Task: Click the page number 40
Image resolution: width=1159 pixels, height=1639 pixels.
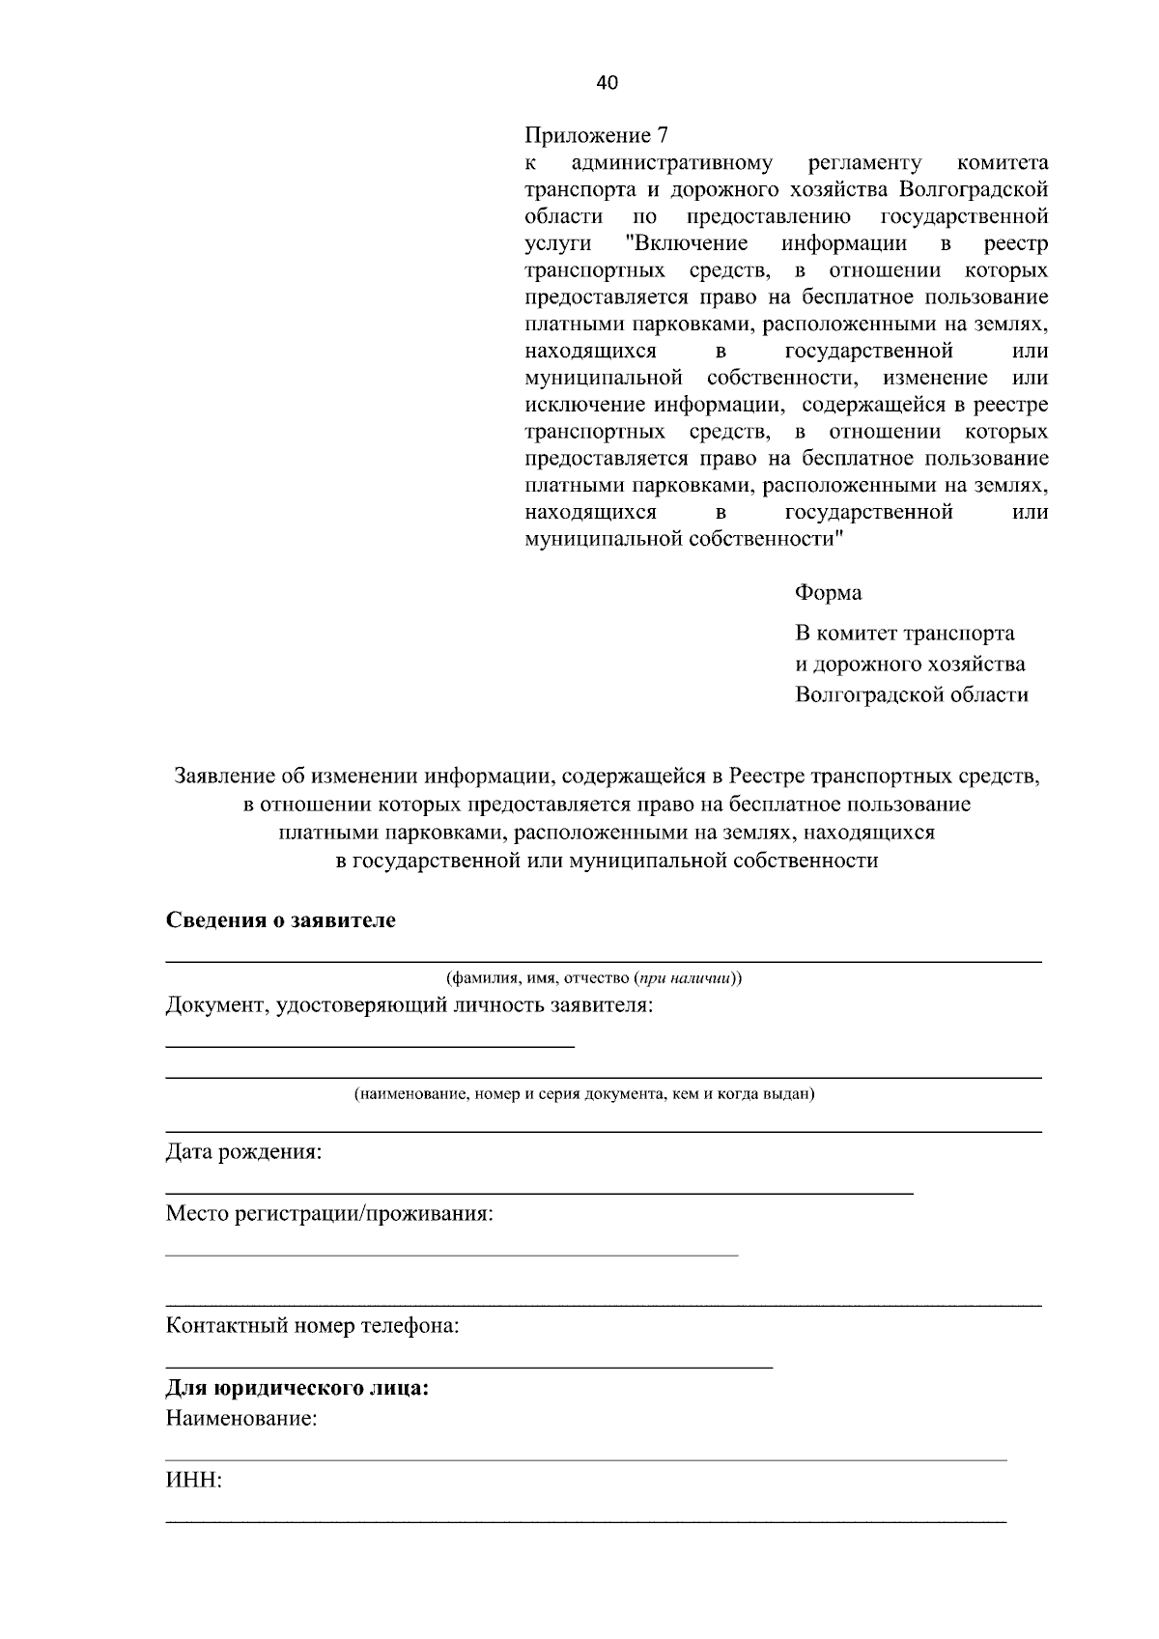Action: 607,83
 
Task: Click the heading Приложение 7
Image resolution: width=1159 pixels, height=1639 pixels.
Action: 596,135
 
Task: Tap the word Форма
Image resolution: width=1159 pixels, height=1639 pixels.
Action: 828,592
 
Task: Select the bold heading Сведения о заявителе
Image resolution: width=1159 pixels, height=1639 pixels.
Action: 280,919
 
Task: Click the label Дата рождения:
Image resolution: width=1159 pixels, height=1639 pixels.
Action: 243,1152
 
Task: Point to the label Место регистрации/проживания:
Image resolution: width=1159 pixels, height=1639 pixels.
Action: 329,1213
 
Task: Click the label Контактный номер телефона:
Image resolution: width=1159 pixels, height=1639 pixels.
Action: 312,1325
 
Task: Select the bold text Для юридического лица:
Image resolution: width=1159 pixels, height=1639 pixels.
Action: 297,1389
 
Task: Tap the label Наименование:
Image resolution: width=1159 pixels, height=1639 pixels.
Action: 241,1419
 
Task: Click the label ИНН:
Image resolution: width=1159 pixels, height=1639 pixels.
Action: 193,1481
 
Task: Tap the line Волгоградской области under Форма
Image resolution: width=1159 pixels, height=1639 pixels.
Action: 911,694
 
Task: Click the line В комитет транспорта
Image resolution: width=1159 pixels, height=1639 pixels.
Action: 904,634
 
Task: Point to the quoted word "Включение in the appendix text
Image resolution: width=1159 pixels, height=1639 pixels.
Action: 687,242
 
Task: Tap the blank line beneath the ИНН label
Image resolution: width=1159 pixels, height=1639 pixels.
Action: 585,1522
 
